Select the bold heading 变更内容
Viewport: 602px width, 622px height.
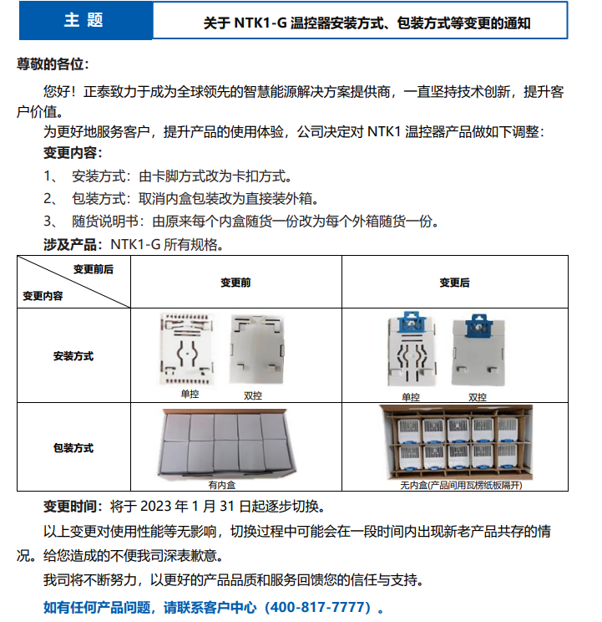(x=73, y=153)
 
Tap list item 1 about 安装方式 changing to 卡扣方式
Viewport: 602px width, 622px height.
(x=167, y=176)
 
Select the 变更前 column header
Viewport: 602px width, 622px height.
(x=235, y=283)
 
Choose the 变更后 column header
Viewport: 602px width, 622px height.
(x=455, y=283)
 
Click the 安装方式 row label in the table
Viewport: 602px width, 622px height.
(x=73, y=356)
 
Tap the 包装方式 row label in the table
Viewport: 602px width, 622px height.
(x=73, y=448)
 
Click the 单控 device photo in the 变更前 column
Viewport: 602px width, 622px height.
(x=189, y=350)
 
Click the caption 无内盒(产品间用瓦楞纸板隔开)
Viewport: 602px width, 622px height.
(x=455, y=485)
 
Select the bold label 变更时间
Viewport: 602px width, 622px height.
(x=73, y=507)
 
